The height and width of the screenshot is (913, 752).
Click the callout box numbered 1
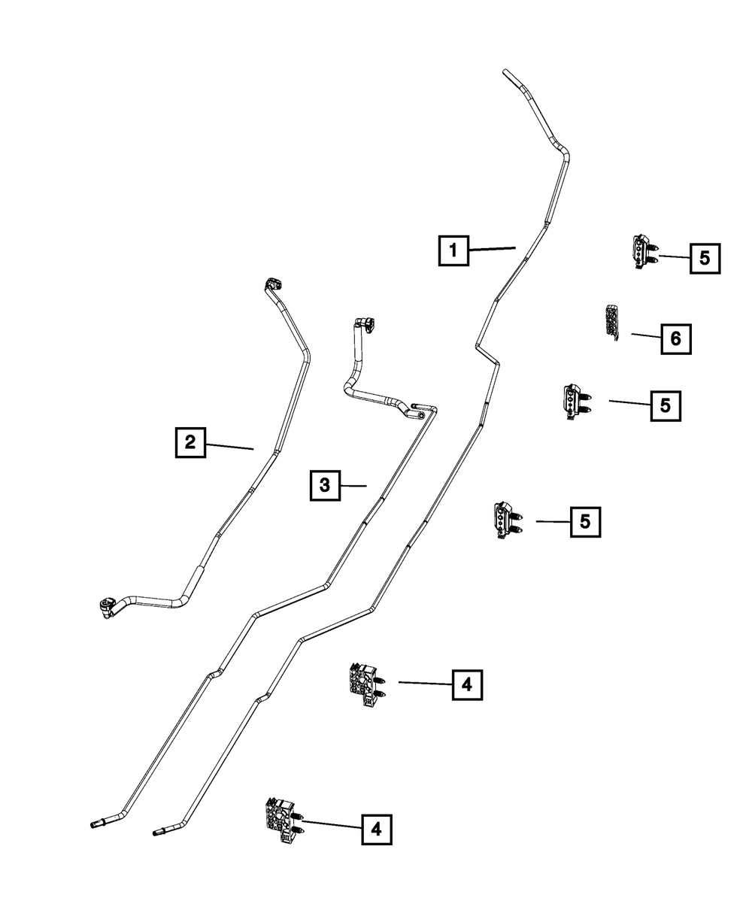tap(453, 250)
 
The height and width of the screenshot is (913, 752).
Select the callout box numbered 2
tap(190, 443)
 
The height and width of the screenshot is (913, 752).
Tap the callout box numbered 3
tap(324, 485)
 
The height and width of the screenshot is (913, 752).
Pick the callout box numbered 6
tap(675, 339)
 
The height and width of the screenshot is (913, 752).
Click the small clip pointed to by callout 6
tap(612, 323)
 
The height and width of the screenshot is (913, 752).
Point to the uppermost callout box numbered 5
tap(704, 258)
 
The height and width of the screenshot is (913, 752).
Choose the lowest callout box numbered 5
tap(585, 521)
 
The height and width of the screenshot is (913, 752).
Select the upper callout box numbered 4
tap(466, 684)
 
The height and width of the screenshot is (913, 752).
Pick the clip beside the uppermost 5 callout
tap(641, 251)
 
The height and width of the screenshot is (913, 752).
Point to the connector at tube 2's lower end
tap(107, 605)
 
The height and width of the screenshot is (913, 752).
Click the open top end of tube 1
tap(506, 73)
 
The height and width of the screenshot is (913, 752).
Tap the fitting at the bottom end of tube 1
tap(159, 831)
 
